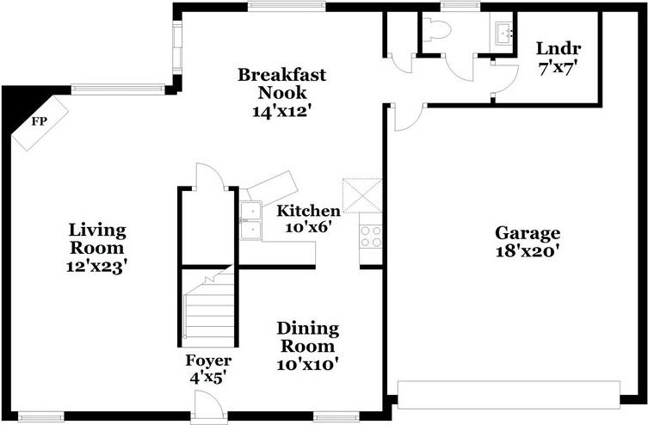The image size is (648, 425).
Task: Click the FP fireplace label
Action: [39, 121]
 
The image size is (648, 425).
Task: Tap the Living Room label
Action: [97, 231]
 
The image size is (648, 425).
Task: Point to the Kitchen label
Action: [308, 210]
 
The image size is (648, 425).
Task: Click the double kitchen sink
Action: [250, 220]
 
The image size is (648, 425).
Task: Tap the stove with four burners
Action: [371, 235]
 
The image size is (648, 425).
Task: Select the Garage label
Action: [527, 232]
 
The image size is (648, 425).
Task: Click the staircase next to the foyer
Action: [208, 310]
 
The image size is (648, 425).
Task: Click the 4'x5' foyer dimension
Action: [206, 376]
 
